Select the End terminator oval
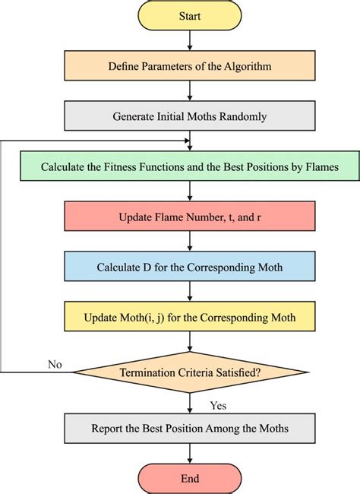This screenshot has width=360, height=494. pos(189,478)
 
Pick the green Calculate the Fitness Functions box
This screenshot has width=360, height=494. pos(190,166)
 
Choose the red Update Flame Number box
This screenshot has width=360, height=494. pos(189,218)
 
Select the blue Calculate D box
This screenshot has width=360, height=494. pos(189,268)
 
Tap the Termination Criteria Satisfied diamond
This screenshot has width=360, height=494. pos(190,372)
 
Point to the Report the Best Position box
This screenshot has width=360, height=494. pos(189,429)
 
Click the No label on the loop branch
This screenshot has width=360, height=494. pos(55,364)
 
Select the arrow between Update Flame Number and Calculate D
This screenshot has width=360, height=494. pos(189,243)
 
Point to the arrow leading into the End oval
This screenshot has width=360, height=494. pos(189,454)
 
